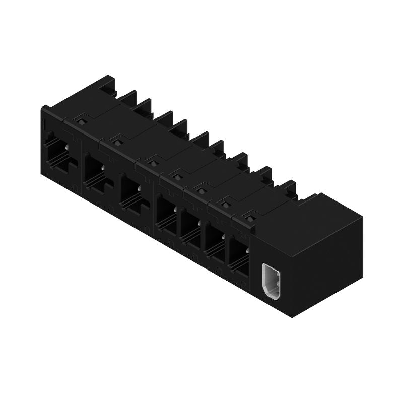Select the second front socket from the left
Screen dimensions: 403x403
96,174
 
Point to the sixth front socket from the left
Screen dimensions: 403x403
215,243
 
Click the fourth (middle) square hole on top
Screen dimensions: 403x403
177,176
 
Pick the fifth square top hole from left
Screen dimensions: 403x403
201,190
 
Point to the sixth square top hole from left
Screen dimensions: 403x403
226,204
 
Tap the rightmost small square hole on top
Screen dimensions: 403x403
249,218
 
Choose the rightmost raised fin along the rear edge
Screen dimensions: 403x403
289,188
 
